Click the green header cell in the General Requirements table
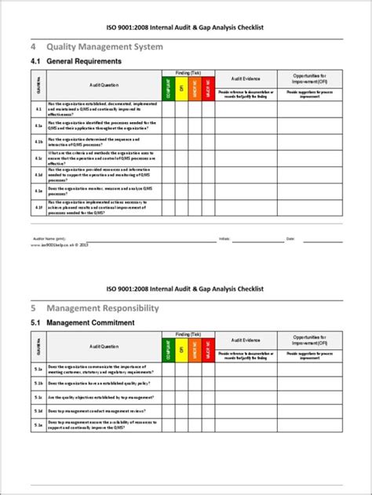(x=167, y=87)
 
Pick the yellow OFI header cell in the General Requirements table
(x=181, y=87)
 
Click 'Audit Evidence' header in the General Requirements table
(x=246, y=78)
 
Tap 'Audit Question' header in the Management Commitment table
(x=104, y=346)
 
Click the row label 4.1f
(x=38, y=207)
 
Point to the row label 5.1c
(x=38, y=398)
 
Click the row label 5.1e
(x=38, y=426)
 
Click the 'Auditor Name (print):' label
(x=49, y=238)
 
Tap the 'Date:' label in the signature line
(x=290, y=238)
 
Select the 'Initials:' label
(x=224, y=238)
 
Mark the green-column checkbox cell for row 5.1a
(x=167, y=369)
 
